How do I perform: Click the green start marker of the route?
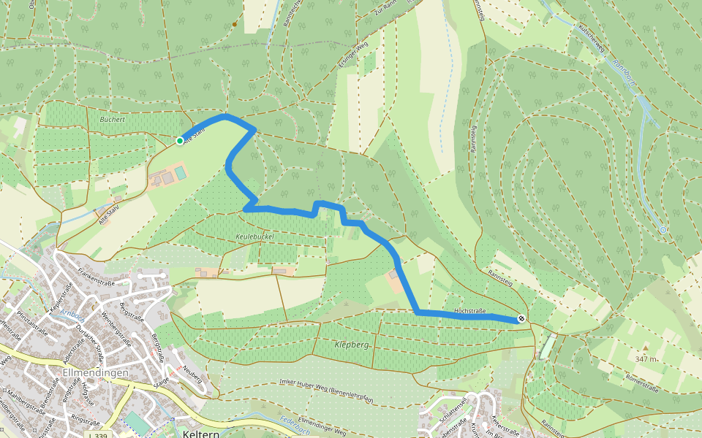180,140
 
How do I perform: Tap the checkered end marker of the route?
521,318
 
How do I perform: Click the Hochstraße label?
471,311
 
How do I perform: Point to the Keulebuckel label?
255,238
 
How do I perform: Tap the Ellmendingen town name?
96,372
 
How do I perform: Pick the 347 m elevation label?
646,359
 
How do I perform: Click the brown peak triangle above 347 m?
646,347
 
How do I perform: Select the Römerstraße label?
644,380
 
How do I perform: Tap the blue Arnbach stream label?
72,312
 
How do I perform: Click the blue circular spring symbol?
663,230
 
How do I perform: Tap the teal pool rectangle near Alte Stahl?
180,172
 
